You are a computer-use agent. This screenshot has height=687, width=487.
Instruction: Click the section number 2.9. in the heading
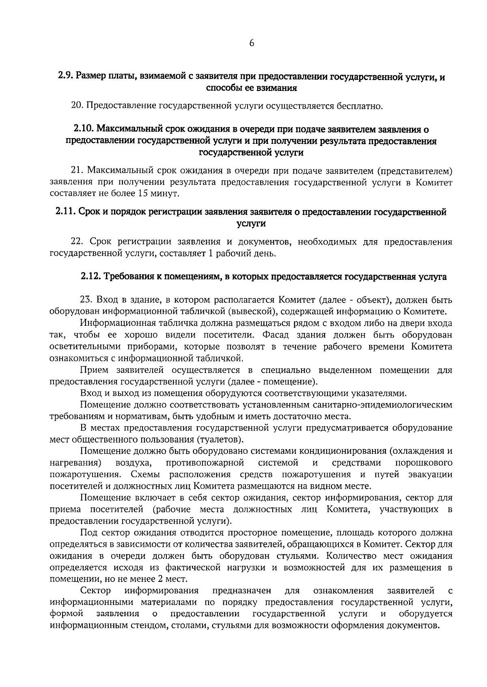(x=65, y=76)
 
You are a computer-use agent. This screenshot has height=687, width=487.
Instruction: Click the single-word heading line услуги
(x=251, y=223)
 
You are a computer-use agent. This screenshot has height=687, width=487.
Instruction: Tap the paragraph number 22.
(x=78, y=242)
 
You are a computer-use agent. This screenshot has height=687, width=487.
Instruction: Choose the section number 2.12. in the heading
(x=90, y=277)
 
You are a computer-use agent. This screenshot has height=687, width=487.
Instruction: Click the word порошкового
(x=424, y=463)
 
